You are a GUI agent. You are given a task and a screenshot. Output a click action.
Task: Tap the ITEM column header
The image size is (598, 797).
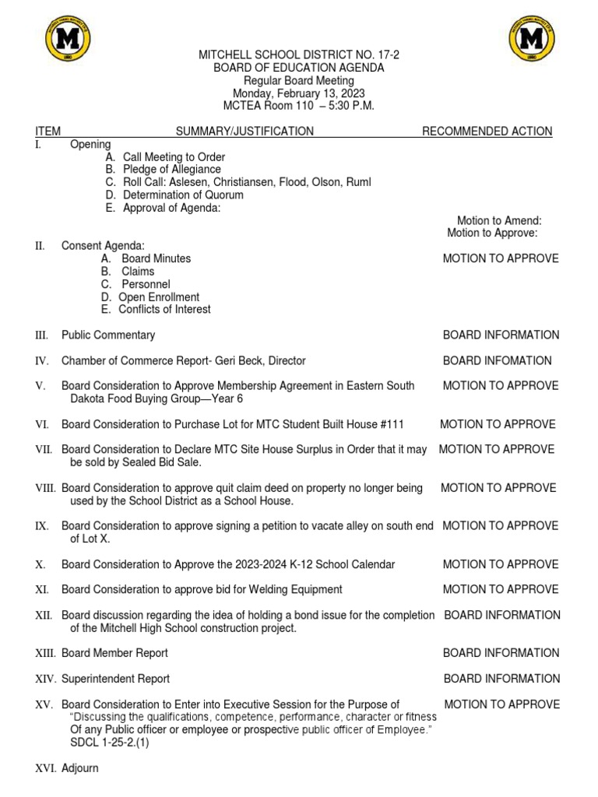pyautogui.click(x=47, y=132)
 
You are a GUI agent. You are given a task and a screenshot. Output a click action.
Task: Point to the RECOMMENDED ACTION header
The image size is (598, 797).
pyautogui.click(x=487, y=132)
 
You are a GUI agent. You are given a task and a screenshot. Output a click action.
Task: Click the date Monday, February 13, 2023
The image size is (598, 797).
pyautogui.click(x=299, y=93)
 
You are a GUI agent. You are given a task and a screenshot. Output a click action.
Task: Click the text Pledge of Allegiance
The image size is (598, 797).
pyautogui.click(x=171, y=170)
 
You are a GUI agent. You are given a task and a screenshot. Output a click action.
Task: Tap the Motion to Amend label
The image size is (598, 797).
pyautogui.click(x=499, y=221)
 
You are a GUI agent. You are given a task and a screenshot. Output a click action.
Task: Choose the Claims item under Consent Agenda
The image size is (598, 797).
pyautogui.click(x=138, y=272)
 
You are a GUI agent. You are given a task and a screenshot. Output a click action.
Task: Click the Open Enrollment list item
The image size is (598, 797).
pyautogui.click(x=159, y=297)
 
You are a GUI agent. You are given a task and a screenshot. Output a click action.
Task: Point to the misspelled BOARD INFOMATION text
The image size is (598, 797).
pyautogui.click(x=498, y=361)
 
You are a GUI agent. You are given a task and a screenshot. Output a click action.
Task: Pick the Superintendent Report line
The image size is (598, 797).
pyautogui.click(x=115, y=679)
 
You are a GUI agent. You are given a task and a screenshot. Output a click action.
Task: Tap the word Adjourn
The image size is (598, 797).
pyautogui.click(x=80, y=768)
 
